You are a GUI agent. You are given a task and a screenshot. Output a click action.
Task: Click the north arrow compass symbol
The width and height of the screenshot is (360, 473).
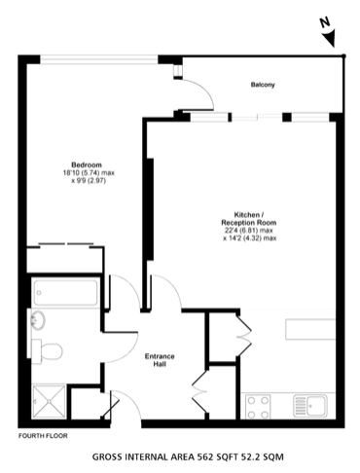(x=330, y=37)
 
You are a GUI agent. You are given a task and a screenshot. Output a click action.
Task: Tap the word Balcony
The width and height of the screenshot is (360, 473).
(x=262, y=86)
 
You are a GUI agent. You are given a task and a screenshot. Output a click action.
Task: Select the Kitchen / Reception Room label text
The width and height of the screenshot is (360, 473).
(x=249, y=218)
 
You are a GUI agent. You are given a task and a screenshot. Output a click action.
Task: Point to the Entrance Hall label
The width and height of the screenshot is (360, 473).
(x=160, y=359)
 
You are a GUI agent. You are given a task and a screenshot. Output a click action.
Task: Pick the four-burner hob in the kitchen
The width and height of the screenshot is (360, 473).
(x=260, y=402)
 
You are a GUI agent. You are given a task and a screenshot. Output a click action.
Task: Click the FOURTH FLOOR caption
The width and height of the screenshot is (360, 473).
(x=41, y=435)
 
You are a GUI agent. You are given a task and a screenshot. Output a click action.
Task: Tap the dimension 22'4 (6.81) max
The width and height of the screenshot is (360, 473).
(x=249, y=231)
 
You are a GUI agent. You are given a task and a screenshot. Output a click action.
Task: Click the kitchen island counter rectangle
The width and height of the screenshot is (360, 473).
(x=309, y=330)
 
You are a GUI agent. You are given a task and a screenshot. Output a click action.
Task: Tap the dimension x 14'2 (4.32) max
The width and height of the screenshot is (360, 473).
(x=249, y=238)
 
